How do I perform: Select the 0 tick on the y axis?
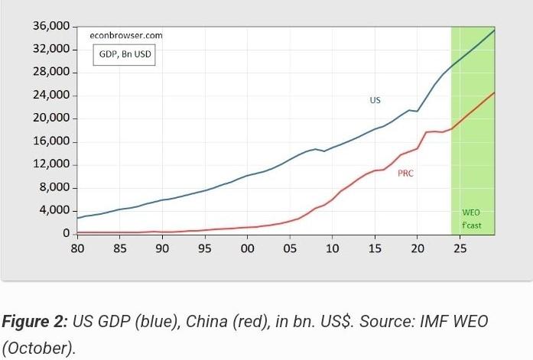pyautogui.click(x=67, y=233)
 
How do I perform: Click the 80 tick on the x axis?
pyautogui.click(x=77, y=248)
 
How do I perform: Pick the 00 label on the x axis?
pyautogui.click(x=247, y=248)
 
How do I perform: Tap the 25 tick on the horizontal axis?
pyautogui.click(x=460, y=248)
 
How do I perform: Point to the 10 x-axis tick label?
pyautogui.click(x=332, y=248)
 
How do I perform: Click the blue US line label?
pyautogui.click(x=375, y=100)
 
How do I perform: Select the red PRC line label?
pyautogui.click(x=405, y=174)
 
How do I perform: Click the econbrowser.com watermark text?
pyautogui.click(x=125, y=35)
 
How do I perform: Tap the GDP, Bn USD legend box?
pyautogui.click(x=125, y=54)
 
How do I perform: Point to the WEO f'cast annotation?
pyautogui.click(x=472, y=219)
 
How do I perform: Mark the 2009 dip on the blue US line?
pyautogui.click(x=323, y=151)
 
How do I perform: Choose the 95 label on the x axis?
pyautogui.click(x=205, y=248)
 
